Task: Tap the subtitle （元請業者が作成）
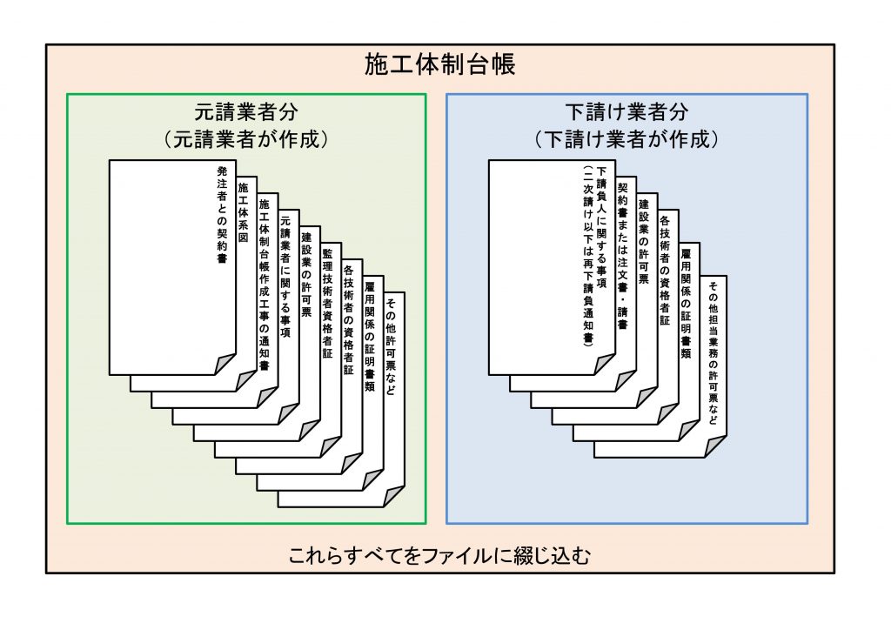(x=246, y=138)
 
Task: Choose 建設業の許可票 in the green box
(x=305, y=273)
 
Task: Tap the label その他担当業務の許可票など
(x=713, y=352)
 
